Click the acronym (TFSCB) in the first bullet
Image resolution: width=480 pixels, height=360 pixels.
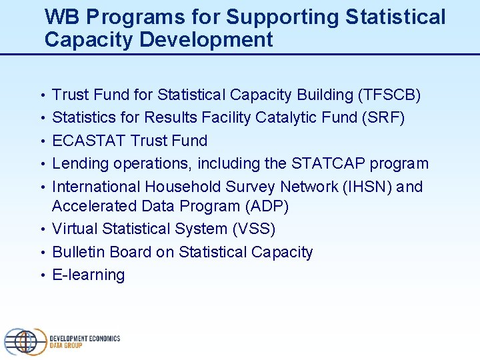click(x=389, y=95)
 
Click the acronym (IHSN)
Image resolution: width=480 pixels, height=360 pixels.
click(x=367, y=187)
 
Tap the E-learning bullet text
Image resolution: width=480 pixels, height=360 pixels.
click(x=89, y=275)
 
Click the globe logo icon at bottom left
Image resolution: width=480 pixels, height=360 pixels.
click(x=25, y=341)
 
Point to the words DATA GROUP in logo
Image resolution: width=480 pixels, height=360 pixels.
click(x=66, y=346)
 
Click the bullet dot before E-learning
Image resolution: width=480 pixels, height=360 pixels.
click(x=43, y=275)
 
